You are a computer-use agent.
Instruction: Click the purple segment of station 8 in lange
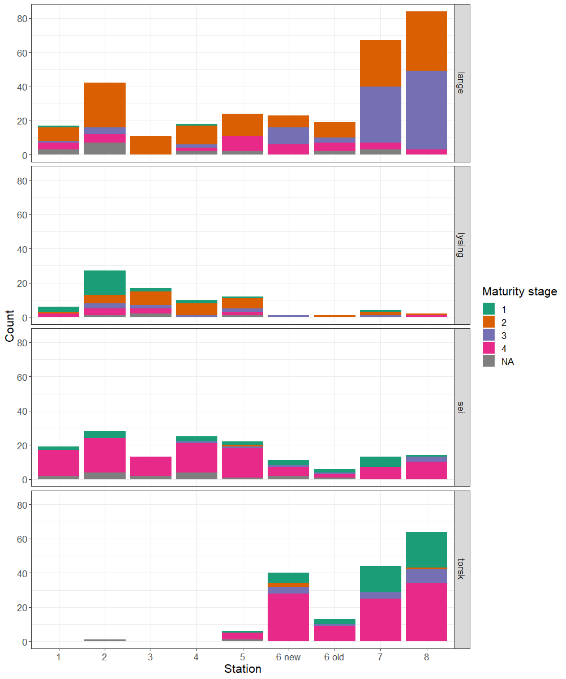pos(426,110)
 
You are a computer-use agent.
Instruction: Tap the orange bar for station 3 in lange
pos(151,145)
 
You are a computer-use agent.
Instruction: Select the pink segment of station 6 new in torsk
pos(289,617)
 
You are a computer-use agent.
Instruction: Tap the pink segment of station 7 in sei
pos(380,473)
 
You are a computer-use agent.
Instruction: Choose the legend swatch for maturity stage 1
pos(488,309)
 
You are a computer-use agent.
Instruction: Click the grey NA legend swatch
pos(488,362)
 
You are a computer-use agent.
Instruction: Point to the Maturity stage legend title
pos(519,292)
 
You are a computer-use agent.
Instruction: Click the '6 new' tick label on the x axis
pos(289,657)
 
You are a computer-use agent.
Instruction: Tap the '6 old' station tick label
pos(335,657)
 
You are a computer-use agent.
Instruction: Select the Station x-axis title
pos(243,669)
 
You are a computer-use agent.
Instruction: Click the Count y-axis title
pos(10,326)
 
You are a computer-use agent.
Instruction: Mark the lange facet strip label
pos(461,83)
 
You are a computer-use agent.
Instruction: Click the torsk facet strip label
pos(461,569)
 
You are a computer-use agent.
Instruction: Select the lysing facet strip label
pos(461,245)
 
